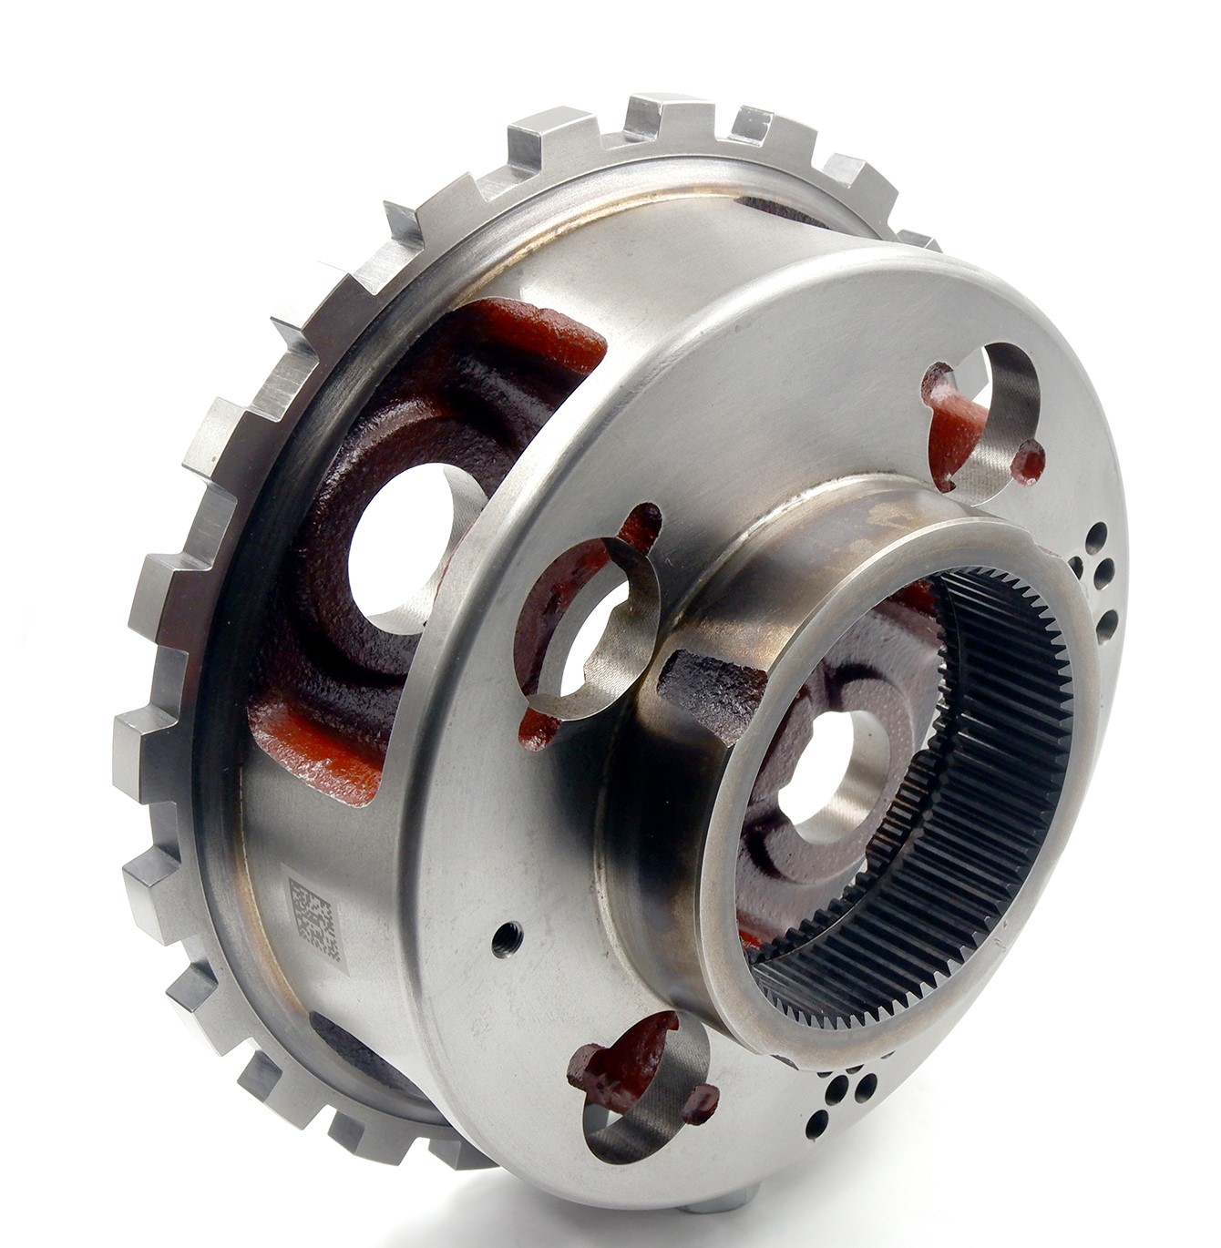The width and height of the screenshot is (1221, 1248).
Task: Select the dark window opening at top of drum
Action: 775,211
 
